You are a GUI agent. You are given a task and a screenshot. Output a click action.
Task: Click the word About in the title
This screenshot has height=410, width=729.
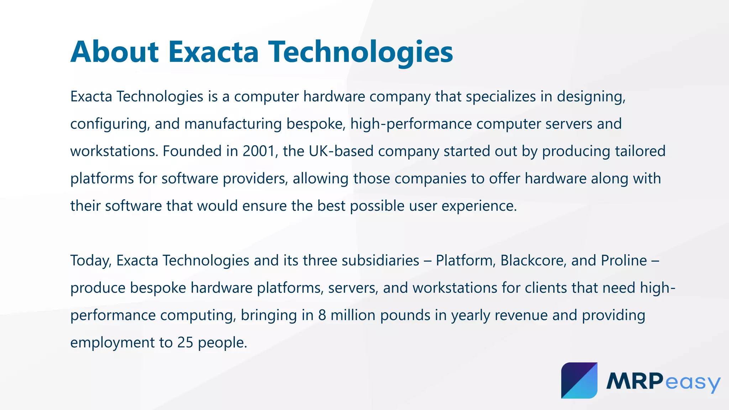click(x=114, y=52)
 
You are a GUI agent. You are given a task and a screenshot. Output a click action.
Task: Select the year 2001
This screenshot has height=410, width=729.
click(x=259, y=151)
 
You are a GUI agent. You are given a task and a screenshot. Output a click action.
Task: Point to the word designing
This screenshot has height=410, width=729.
click(x=591, y=97)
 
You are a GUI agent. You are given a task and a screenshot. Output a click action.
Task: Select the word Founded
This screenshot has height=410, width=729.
click(x=192, y=151)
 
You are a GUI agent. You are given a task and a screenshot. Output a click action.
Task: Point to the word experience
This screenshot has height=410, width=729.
click(x=479, y=206)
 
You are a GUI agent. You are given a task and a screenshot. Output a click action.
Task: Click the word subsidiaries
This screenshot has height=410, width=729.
click(x=380, y=261)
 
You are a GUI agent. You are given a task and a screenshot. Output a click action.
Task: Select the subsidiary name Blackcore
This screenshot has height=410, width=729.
click(x=533, y=261)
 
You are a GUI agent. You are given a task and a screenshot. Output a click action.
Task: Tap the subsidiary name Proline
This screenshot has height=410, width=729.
click(x=624, y=261)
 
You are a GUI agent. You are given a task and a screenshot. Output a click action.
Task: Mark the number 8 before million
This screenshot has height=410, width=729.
click(x=322, y=315)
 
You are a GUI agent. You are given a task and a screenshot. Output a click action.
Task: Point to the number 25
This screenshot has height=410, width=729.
click(x=185, y=343)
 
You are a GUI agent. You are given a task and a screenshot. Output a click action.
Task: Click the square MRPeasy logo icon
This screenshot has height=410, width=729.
click(x=579, y=380)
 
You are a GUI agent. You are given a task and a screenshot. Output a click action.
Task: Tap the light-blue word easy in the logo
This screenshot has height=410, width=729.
click(x=693, y=382)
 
